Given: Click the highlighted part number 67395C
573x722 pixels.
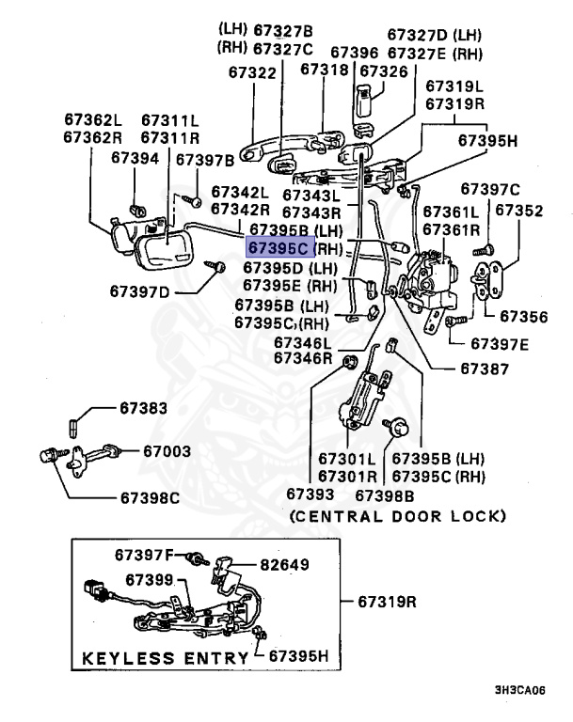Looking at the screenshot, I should (278, 248).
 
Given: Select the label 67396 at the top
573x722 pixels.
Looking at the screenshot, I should (355, 53).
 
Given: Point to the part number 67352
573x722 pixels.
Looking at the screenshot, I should (518, 211).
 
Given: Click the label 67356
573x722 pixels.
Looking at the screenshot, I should (522, 317).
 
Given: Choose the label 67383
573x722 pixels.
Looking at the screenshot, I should (143, 408).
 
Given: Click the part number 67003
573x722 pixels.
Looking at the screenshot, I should (168, 450).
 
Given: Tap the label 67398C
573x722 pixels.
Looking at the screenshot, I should (149, 496).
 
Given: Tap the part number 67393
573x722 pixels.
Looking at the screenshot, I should (310, 494).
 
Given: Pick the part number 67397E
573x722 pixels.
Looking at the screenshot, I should (501, 343).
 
